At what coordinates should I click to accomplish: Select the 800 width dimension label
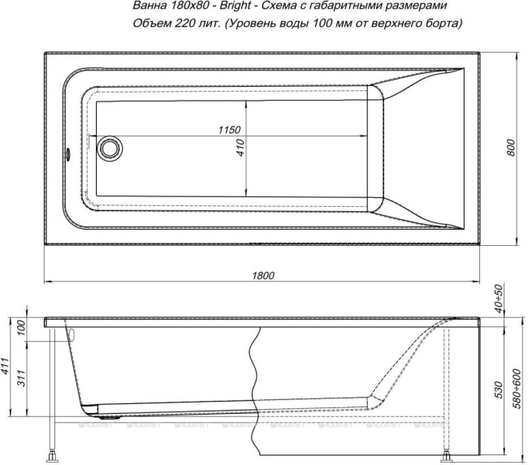(x=510, y=147)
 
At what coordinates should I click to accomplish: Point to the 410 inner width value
(x=240, y=147)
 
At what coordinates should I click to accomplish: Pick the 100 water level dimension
(x=22, y=328)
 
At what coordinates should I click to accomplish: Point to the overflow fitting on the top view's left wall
(x=68, y=152)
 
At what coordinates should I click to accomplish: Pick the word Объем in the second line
(x=149, y=24)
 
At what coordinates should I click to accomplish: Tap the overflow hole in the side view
(x=71, y=334)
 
